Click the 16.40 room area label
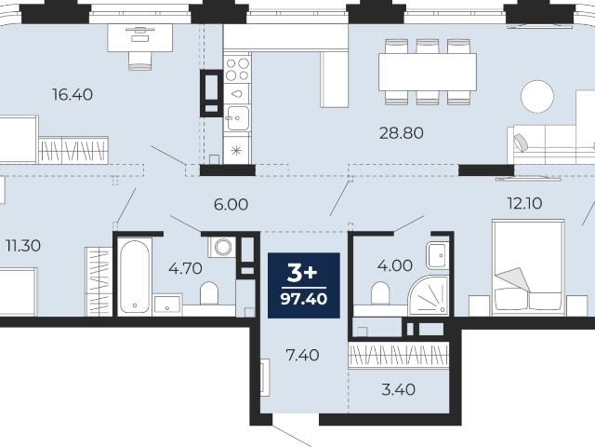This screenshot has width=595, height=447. pos(73,95)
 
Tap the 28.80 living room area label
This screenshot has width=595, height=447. pos(402,133)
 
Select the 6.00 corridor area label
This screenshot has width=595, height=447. pos(231,205)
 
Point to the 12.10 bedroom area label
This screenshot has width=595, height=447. pos(524,203)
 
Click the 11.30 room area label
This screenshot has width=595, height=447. pos(23,246)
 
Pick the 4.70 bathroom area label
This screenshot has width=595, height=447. pos(185,268)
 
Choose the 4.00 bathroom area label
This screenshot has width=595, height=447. pos(394,265)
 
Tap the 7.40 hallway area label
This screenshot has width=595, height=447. pos(302,356)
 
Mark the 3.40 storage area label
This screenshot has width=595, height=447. pos(398,389)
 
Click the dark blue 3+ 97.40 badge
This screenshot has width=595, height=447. pos(304,285)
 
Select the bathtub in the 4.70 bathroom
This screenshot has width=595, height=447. pos(134,277)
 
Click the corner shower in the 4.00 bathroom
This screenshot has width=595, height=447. pos(429,295)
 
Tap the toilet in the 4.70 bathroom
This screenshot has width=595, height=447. pos(208,293)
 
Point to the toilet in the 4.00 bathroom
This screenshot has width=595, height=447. pos(380,293)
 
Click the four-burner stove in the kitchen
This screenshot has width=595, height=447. pos(237,69)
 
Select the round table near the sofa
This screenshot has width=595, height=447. pos(537,97)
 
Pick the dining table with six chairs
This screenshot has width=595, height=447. pos(428,72)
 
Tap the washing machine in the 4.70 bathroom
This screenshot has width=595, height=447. pos(222,247)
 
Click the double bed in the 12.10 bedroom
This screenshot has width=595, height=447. pos(528,267)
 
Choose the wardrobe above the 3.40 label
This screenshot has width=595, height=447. pos(399,355)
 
